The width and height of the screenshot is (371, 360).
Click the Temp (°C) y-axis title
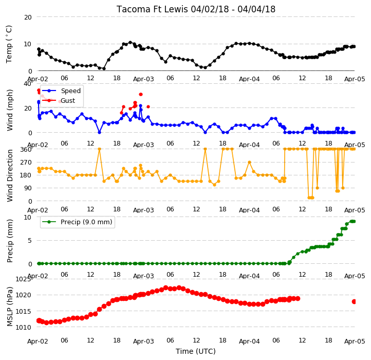point(9,44)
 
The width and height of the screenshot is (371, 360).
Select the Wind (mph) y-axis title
point(9,110)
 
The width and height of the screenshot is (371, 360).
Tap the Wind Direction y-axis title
point(9,175)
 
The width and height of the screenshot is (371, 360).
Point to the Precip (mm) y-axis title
point(9,241)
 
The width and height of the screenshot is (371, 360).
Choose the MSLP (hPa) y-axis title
point(9,307)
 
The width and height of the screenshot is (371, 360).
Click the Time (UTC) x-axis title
point(196,351)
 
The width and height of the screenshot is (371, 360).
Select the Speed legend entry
point(62,91)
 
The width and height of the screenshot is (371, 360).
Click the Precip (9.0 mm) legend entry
point(77,222)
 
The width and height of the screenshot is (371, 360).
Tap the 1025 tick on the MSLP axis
point(24,279)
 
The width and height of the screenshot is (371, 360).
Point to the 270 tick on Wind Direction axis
point(26,163)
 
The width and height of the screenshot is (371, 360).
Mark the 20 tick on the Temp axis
point(28,17)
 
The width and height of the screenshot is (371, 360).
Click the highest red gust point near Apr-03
point(141,94)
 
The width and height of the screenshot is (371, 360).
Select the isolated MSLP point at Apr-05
point(354,301)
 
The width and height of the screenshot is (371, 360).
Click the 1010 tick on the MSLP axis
point(24,327)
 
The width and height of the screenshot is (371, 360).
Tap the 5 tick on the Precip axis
point(30,241)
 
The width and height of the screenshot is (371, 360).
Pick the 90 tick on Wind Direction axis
point(28,188)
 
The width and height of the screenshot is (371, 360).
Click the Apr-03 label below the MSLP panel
point(143,341)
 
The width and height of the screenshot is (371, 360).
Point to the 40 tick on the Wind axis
point(27,84)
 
